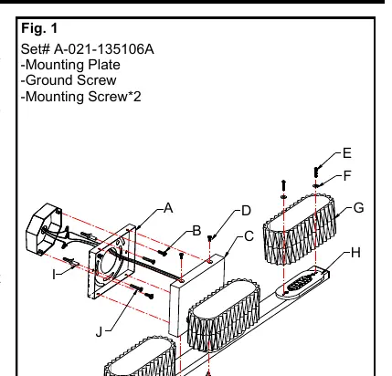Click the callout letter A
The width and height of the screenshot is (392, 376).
point(168,208)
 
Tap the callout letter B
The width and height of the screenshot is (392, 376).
point(197,231)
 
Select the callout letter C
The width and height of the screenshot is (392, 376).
point(249,236)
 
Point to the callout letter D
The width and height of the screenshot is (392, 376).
point(246,211)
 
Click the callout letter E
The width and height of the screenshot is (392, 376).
point(347,153)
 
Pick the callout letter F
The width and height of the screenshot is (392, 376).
point(347,176)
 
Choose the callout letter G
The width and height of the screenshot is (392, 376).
point(359,208)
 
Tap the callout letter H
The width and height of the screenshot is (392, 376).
point(355,253)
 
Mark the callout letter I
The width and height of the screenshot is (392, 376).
point(54,275)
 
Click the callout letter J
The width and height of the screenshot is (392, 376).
point(99,332)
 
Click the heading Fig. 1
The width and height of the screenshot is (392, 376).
point(39,28)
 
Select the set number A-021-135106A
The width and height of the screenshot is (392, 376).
point(104,49)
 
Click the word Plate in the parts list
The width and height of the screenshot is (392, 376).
point(104,65)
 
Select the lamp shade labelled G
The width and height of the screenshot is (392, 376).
point(301,228)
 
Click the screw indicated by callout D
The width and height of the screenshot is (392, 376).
point(210,238)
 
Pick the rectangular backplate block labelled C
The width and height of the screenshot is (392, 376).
point(196,295)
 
